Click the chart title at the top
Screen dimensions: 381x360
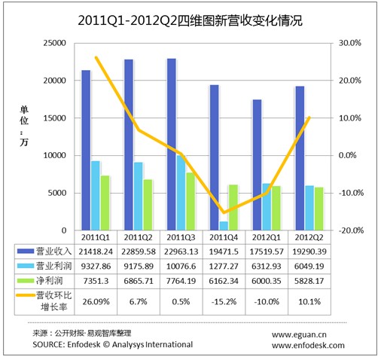(190, 20)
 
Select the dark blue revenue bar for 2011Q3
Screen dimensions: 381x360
(172, 145)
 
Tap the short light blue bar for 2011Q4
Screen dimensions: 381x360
(224, 226)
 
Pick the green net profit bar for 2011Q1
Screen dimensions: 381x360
(105, 203)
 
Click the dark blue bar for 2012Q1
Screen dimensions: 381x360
(257, 165)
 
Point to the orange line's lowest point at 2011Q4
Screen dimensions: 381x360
(224, 212)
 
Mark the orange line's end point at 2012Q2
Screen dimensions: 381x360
(309, 117)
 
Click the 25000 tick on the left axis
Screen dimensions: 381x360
(54, 43)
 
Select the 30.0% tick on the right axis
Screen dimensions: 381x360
(350, 43)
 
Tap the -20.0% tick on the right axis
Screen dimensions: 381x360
(351, 230)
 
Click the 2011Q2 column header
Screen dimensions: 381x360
(139, 237)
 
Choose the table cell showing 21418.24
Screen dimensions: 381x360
(96, 252)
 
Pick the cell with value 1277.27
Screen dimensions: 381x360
(224, 266)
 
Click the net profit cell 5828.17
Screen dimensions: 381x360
(309, 281)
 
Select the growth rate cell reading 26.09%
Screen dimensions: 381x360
(96, 301)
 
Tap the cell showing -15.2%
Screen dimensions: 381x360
(224, 301)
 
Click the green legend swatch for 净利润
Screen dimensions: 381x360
(26, 281)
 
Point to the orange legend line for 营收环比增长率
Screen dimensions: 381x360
(26, 295)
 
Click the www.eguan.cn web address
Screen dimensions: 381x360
(299, 334)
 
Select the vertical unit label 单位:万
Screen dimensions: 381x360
(24, 126)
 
